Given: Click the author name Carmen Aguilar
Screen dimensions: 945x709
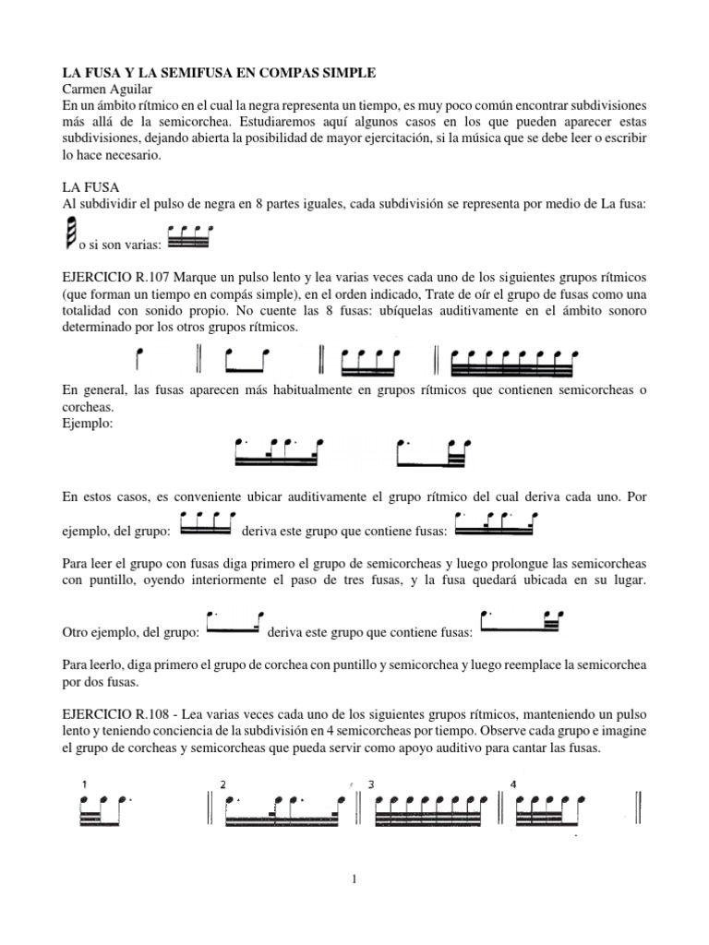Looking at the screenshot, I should (x=104, y=90).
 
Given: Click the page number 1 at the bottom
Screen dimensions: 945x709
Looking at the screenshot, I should (x=354, y=879).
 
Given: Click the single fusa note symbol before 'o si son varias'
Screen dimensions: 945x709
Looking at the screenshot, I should (x=71, y=234).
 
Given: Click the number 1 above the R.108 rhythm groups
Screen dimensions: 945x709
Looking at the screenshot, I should (x=85, y=784).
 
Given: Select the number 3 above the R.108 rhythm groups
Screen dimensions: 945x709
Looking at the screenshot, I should (x=371, y=784).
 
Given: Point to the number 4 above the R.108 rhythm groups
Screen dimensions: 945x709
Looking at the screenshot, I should (x=513, y=784).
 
